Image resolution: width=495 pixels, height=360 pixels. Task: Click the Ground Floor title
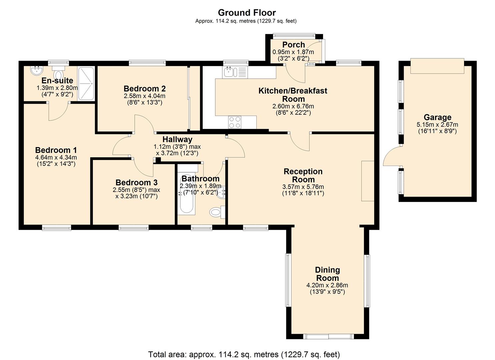[x=247, y=13]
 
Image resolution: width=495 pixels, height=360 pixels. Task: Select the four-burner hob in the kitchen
[x=235, y=122]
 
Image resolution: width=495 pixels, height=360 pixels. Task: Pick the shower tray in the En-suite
[x=86, y=83]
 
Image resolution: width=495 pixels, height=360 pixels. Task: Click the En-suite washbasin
[x=36, y=71]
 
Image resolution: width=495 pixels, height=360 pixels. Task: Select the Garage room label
[x=437, y=117]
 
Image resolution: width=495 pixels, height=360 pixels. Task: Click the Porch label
[x=293, y=45]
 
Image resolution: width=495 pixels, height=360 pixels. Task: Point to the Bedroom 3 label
[x=136, y=183]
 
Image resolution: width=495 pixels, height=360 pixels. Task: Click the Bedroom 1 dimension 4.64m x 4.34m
[x=56, y=157]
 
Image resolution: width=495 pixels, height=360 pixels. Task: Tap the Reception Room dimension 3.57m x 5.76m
[x=303, y=187]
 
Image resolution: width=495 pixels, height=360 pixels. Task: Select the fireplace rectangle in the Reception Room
[x=368, y=181]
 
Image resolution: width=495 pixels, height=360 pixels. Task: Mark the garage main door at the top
[x=437, y=66]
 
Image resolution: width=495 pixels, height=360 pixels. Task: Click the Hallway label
[x=177, y=139]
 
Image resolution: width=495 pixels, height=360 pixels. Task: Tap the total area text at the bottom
[x=244, y=354]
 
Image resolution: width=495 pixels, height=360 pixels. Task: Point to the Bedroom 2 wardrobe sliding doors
[x=189, y=98]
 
